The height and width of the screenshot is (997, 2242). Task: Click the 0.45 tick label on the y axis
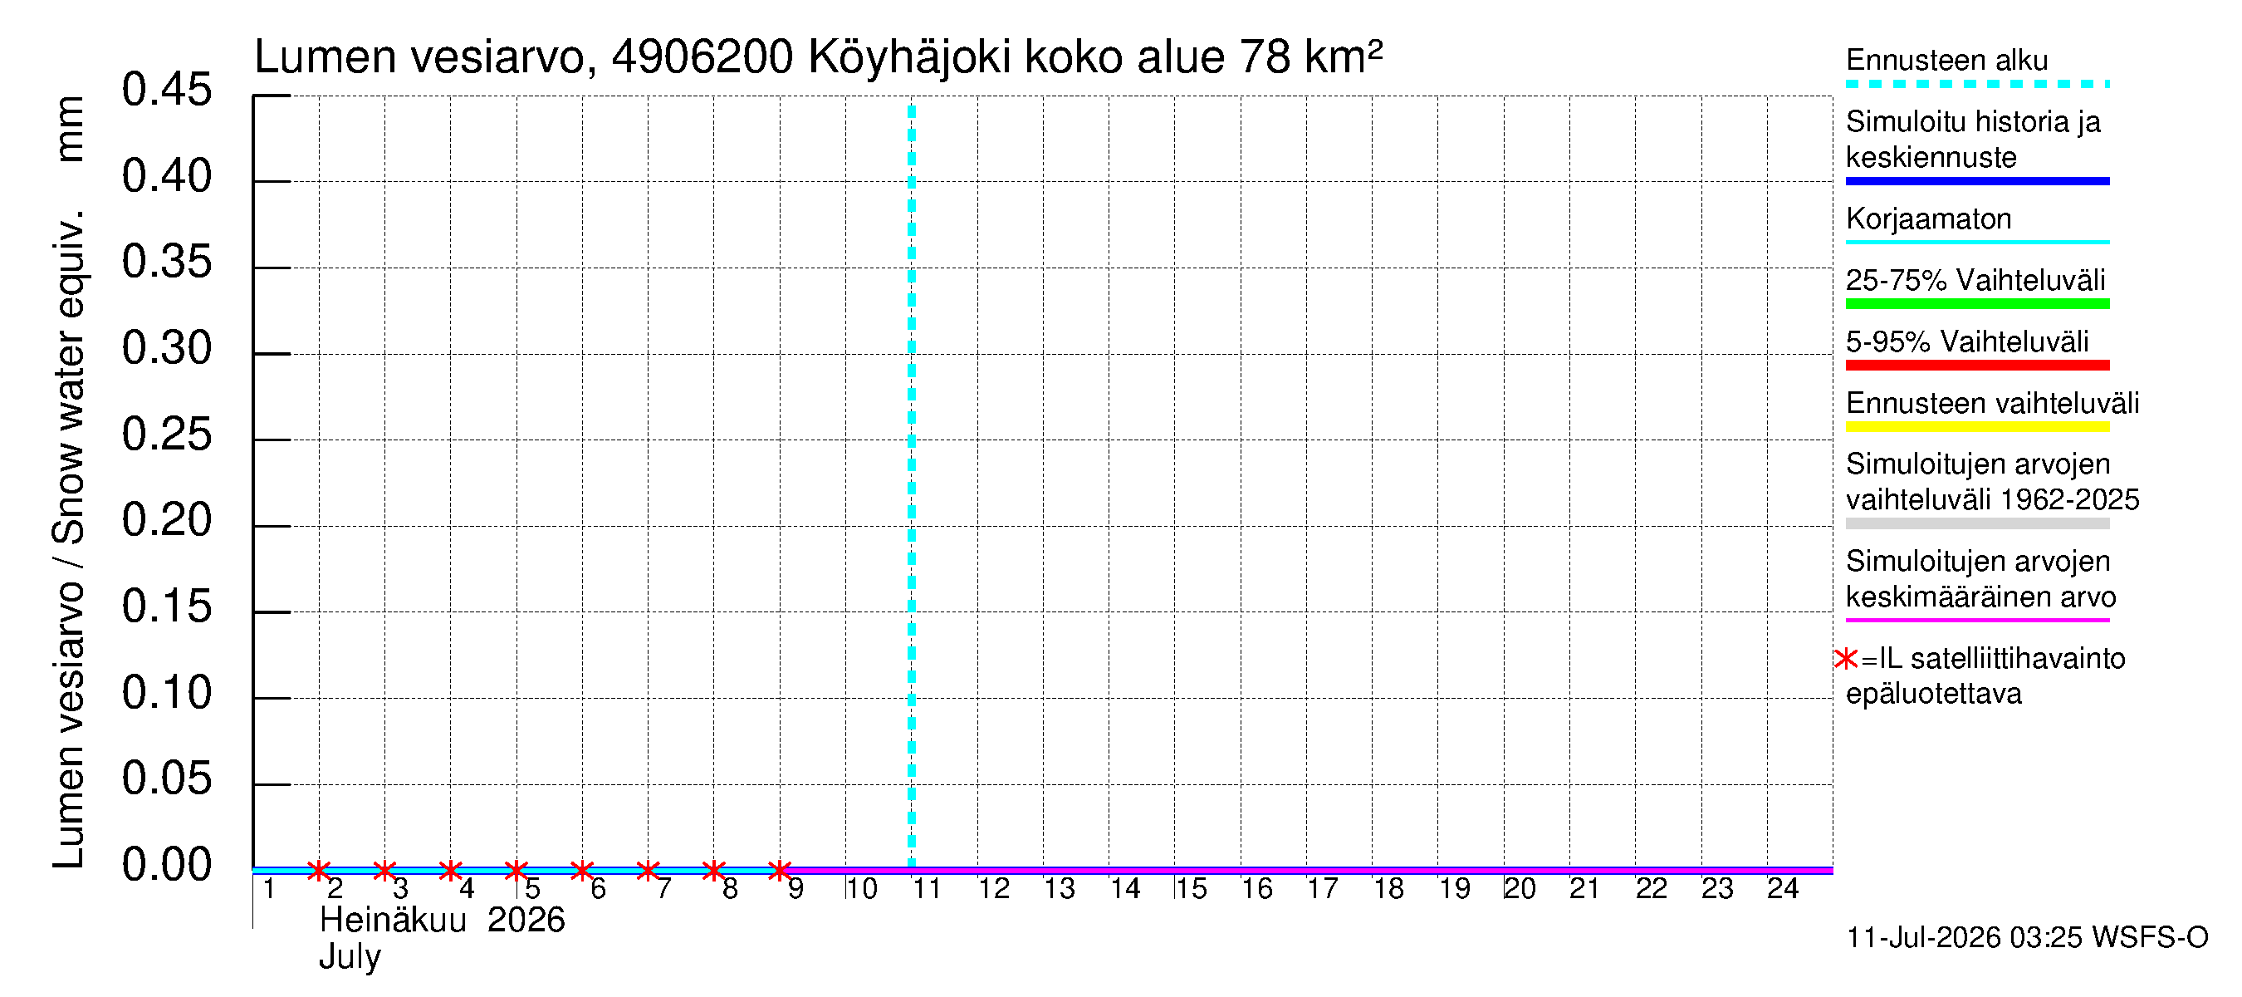click(x=166, y=90)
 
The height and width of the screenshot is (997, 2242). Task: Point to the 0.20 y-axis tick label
click(x=166, y=520)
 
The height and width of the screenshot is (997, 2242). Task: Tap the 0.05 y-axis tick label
click(x=166, y=778)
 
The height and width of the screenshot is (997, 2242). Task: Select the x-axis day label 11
click(x=927, y=888)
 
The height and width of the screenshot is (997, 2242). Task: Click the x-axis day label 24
click(x=1783, y=888)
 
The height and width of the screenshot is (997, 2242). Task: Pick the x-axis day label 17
click(x=1322, y=888)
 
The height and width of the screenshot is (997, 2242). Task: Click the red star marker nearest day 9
click(x=780, y=870)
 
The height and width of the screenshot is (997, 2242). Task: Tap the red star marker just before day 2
click(x=320, y=870)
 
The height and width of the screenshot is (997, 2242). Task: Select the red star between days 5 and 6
click(x=582, y=870)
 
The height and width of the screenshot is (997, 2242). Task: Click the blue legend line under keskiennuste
click(x=1976, y=181)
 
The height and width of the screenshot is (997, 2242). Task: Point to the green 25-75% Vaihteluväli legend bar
click(x=1976, y=304)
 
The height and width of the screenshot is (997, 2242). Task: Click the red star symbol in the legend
click(x=1845, y=659)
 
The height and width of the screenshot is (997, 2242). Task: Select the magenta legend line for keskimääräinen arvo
click(x=1976, y=620)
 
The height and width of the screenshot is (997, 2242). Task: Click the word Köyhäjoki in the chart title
click(x=909, y=58)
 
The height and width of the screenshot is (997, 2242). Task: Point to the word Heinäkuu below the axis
click(x=393, y=921)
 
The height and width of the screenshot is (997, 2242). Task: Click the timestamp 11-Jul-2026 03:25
click(x=1965, y=938)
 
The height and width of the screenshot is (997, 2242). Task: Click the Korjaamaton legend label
click(x=1929, y=219)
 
